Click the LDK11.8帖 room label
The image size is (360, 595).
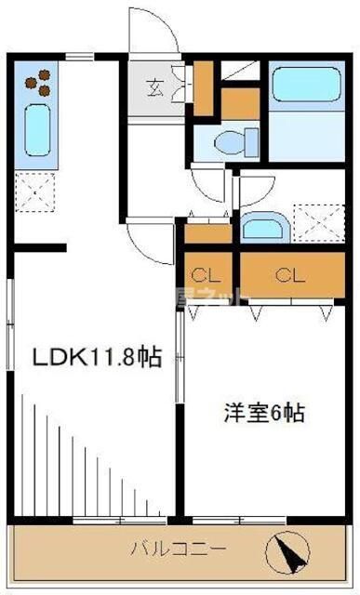[98, 356]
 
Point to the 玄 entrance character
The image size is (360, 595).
[153, 89]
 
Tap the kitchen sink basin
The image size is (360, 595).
[36, 130]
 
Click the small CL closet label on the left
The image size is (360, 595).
[206, 275]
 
